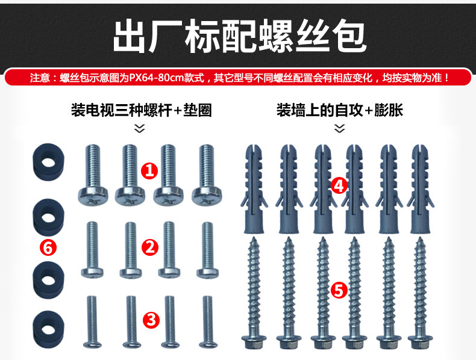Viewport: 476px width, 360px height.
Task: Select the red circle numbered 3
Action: (x=152, y=319)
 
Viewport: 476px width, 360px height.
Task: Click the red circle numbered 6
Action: (x=48, y=247)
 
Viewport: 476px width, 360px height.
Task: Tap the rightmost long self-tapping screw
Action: (x=420, y=289)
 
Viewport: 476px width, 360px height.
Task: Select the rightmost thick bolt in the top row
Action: (x=206, y=172)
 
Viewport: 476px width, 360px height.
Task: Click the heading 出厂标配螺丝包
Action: (x=238, y=36)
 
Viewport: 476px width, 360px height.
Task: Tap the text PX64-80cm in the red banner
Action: (x=156, y=78)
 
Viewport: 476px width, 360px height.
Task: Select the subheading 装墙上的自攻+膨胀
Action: (x=339, y=110)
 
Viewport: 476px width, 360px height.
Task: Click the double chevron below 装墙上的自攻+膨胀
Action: (x=339, y=128)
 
